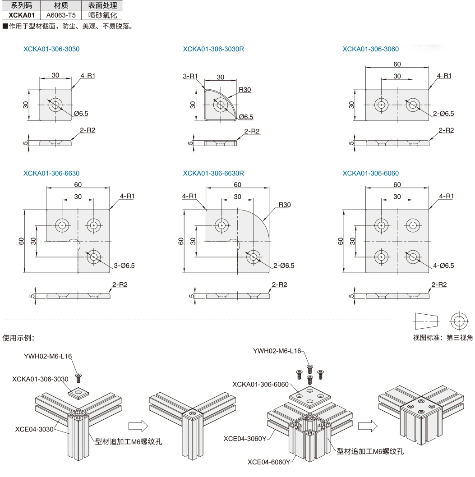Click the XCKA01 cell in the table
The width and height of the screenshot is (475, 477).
(22, 14)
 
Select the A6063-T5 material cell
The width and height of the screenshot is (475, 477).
(61, 14)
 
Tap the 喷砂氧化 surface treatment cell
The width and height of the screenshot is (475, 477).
(102, 14)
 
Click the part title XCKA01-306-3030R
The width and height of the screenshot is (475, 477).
(213, 49)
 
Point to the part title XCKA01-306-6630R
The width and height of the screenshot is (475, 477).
(213, 173)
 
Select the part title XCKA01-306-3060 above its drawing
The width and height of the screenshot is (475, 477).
(370, 49)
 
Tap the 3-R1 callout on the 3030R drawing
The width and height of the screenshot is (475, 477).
(190, 76)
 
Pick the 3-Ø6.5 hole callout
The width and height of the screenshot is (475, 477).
(125, 266)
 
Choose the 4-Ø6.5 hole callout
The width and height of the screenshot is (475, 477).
(443, 266)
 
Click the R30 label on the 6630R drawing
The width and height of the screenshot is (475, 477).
(285, 205)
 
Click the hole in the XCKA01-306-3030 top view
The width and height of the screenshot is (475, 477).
(55, 105)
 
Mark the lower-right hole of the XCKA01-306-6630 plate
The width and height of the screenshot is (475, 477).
(94, 257)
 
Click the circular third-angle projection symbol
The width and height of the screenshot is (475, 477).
(459, 321)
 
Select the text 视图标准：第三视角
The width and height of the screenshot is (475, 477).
(443, 337)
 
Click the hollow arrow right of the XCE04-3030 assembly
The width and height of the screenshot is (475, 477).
(138, 425)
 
